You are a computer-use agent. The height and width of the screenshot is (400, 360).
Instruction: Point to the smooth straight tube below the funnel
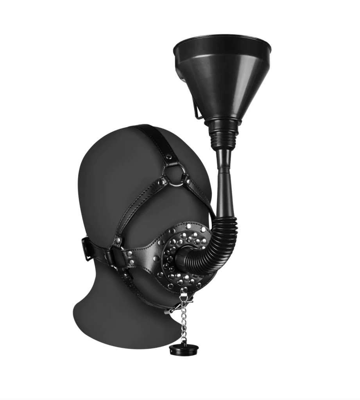click(x=226, y=187)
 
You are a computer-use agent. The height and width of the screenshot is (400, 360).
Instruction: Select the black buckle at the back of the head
click(x=88, y=248)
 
